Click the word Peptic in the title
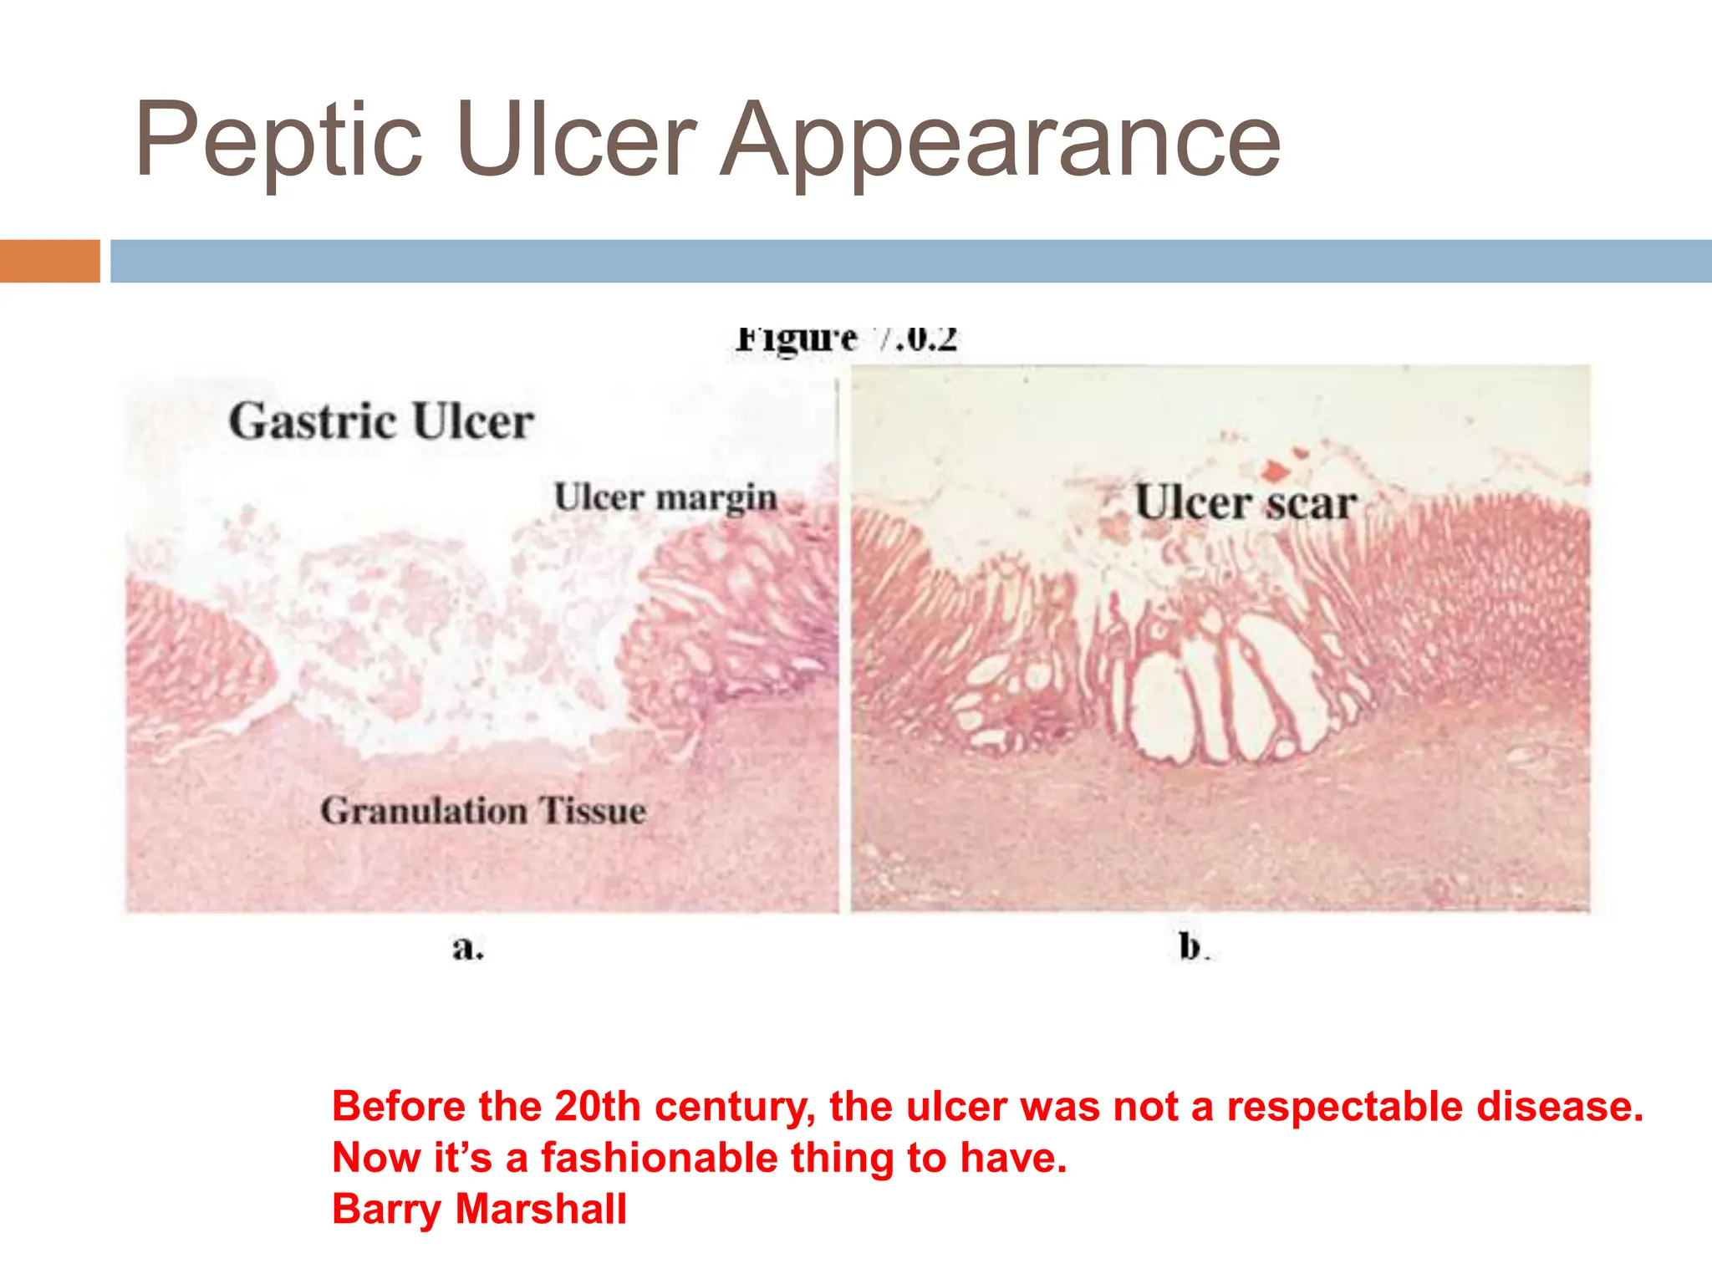279,140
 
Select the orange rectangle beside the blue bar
49,261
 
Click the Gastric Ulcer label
381,420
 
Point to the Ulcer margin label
665,497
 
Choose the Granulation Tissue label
483,810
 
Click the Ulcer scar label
1246,503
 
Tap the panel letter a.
467,948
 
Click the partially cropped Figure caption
846,339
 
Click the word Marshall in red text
541,1209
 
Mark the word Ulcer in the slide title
576,140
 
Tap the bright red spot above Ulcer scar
1274,471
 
